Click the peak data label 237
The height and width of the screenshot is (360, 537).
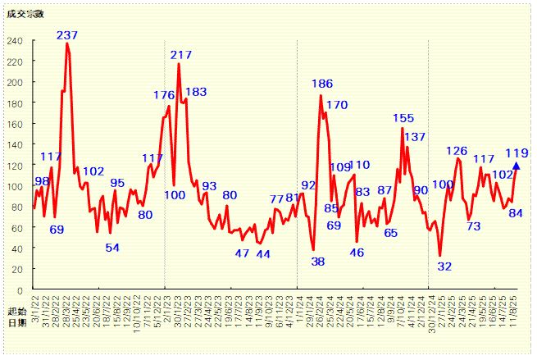67,35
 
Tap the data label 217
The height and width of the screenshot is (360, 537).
181,55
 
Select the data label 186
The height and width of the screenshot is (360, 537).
322,84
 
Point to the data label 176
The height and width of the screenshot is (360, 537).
164,95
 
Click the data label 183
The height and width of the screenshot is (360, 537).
196,92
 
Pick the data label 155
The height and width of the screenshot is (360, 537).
403,118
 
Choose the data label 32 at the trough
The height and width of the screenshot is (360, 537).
444,267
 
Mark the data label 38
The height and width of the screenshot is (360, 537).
318,262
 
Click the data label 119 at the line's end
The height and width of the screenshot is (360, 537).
517,153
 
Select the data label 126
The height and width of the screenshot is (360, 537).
457,151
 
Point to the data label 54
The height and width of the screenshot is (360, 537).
112,248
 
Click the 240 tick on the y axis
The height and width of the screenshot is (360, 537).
16,41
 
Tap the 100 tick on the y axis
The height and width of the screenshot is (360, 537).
16,186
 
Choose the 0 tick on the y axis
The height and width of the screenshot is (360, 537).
20,290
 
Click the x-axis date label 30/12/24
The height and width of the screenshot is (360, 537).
431,314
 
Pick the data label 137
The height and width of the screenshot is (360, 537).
415,137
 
